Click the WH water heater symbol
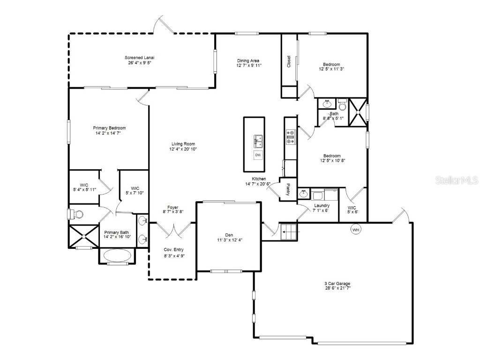tap(356, 230)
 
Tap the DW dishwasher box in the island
tap(258, 155)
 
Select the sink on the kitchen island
tap(258, 140)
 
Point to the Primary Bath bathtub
tap(116, 255)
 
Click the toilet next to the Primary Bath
tap(75, 214)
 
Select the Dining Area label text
tap(248, 60)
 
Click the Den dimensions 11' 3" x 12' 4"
tap(229, 240)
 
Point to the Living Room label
tap(183, 144)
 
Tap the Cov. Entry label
tap(173, 250)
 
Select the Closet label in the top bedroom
tap(289, 61)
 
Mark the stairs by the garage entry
tap(289, 232)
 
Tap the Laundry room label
tap(321, 205)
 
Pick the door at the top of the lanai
tap(165, 25)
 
